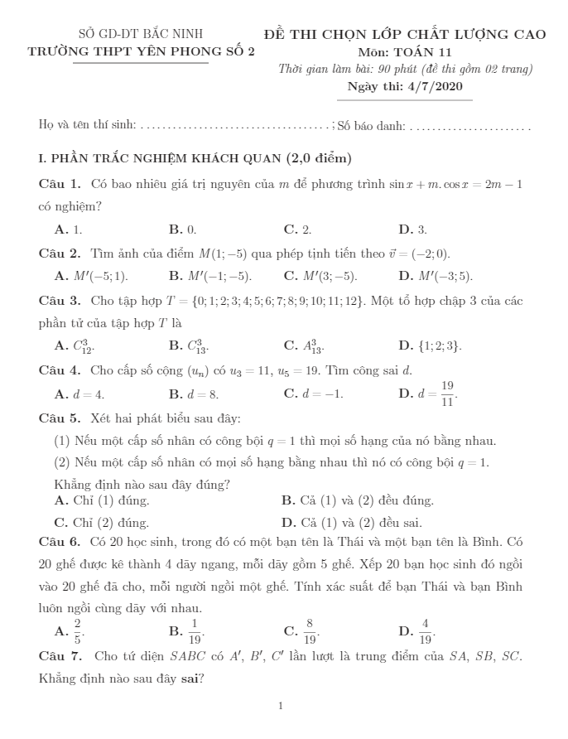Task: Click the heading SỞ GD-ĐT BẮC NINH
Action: pyautogui.click(x=140, y=34)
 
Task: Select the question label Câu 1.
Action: pyautogui.click(x=59, y=183)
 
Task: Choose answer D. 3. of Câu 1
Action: pyautogui.click(x=412, y=229)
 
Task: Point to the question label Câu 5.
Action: pyautogui.click(x=59, y=418)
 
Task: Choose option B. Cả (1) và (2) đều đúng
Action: pyautogui.click(x=358, y=500)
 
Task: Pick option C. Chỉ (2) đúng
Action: pyautogui.click(x=101, y=523)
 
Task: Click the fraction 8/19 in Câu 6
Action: pyautogui.click(x=310, y=632)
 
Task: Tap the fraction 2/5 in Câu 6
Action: pyautogui.click(x=78, y=632)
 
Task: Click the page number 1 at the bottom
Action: pyautogui.click(x=281, y=707)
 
